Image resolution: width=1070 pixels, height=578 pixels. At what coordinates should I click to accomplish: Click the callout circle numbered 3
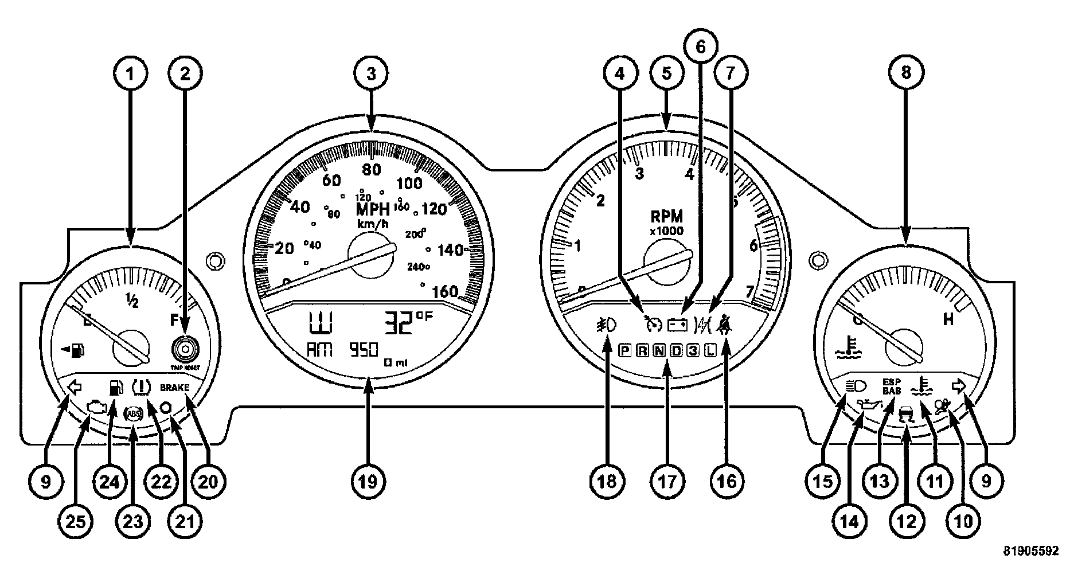(371, 73)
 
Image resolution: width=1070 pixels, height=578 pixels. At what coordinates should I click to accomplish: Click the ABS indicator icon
(133, 414)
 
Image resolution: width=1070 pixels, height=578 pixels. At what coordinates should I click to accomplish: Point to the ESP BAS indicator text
(891, 386)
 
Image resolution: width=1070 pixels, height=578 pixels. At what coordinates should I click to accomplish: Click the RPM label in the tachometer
(667, 216)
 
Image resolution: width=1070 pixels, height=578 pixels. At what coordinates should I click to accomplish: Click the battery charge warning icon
(676, 326)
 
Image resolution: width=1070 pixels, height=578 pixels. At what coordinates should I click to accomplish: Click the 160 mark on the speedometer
(444, 291)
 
